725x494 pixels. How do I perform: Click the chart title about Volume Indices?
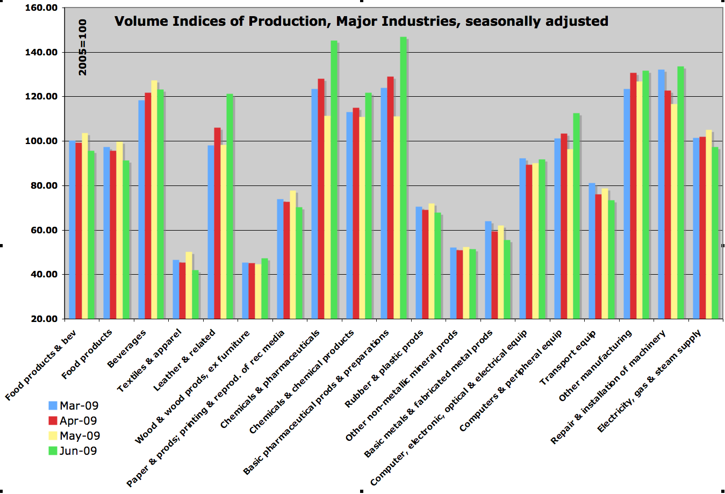361,22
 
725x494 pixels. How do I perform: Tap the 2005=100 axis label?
83,47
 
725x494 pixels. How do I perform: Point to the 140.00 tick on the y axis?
45,53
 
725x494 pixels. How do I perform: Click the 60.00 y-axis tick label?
45,230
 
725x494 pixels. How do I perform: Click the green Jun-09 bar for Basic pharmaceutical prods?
403,177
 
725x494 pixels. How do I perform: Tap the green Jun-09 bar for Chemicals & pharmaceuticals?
334,180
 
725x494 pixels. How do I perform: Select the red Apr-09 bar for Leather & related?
217,223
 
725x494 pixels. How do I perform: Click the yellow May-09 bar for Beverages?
154,199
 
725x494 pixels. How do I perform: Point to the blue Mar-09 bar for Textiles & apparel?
176,289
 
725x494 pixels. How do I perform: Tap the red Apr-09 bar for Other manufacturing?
633,196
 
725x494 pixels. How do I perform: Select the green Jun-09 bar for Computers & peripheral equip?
577,216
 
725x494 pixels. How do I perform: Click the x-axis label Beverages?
127,349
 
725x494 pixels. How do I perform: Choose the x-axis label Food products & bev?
41,367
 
